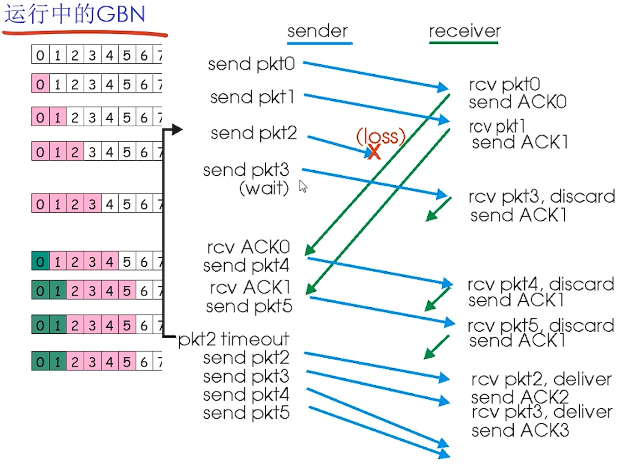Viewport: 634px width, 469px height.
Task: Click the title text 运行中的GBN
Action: pos(75,15)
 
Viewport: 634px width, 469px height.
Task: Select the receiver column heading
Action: pos(464,31)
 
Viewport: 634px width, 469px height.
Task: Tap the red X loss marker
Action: pos(374,153)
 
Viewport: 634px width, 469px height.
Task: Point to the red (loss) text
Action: pos(380,137)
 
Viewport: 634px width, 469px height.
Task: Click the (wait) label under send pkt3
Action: pos(264,188)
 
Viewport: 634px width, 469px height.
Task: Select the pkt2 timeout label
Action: pos(234,339)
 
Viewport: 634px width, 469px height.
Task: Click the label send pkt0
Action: pos(251,64)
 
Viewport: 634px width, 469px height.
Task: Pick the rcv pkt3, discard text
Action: pos(541,197)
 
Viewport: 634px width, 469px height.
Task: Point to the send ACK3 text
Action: pos(519,430)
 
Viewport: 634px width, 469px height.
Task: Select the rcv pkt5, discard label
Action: pos(541,325)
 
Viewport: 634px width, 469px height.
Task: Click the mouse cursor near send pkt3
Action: pos(303,186)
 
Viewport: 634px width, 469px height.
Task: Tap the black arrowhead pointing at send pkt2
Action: pos(177,130)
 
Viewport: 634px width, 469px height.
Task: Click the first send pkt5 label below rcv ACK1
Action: pos(249,306)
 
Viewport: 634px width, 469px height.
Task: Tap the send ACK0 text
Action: pos(517,102)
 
